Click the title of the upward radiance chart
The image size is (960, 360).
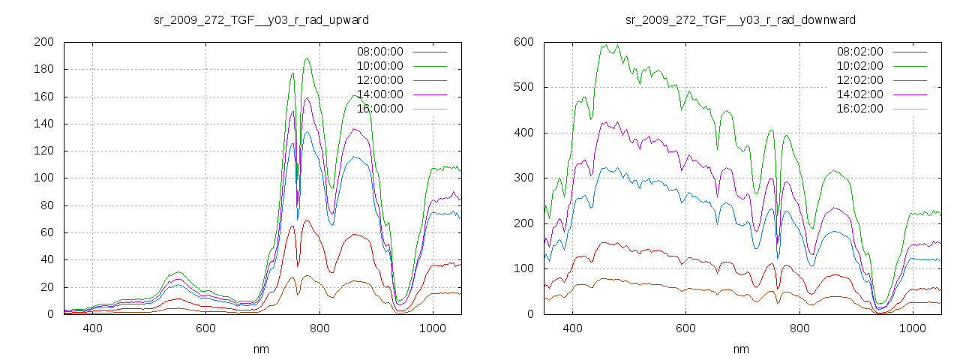tap(261, 19)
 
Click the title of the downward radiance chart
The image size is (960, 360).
tap(740, 19)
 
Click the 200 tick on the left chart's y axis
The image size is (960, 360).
tap(43, 42)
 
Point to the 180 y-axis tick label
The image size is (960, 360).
tap(43, 70)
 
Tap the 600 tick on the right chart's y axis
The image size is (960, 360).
tap(523, 42)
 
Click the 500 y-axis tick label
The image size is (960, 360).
tap(523, 88)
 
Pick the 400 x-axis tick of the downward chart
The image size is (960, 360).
tap(572, 328)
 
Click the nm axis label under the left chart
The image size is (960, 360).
tap(262, 349)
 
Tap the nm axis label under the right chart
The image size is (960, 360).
tap(741, 349)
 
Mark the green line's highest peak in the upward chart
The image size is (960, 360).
tap(307, 58)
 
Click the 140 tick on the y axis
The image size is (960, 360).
tap(43, 124)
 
